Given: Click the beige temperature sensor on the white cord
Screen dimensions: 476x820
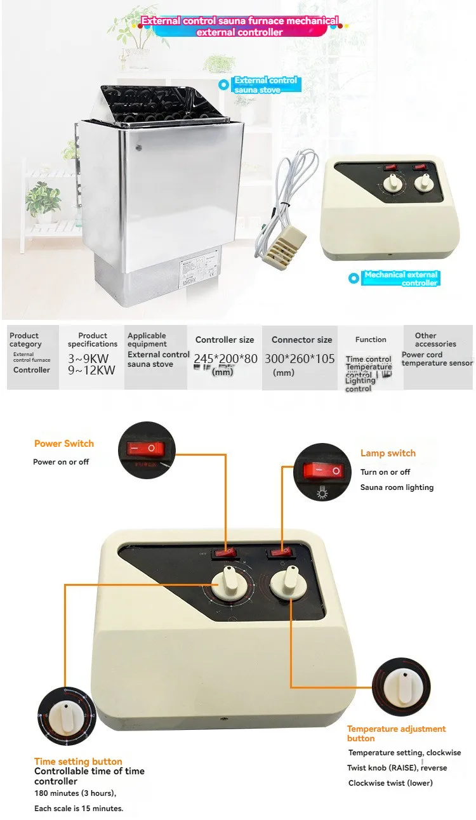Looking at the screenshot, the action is click(x=284, y=245).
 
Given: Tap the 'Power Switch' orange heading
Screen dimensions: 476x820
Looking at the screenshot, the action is click(x=63, y=444).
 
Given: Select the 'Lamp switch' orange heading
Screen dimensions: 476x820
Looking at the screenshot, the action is click(x=388, y=453).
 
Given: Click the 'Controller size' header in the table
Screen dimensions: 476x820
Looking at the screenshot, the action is click(x=225, y=340).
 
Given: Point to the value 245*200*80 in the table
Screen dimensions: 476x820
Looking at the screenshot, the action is click(x=225, y=359).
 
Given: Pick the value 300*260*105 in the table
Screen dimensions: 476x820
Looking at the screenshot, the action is click(x=300, y=359).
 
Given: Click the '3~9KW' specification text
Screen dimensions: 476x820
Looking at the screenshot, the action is click(x=91, y=359).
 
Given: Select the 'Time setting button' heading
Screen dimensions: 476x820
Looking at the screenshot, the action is click(x=78, y=761).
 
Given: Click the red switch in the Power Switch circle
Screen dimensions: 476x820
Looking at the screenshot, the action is click(x=143, y=449).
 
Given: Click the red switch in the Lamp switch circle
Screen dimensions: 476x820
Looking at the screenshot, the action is click(x=322, y=470).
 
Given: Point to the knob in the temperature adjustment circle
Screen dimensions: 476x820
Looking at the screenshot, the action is click(x=400, y=687).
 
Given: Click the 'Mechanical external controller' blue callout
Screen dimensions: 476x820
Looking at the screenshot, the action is click(x=400, y=279).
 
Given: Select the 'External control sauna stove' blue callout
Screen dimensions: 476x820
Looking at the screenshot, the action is click(x=265, y=84).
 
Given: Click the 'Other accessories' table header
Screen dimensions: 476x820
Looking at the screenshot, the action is click(x=435, y=340).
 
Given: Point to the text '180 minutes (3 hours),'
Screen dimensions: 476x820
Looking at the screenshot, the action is click(x=75, y=793).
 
